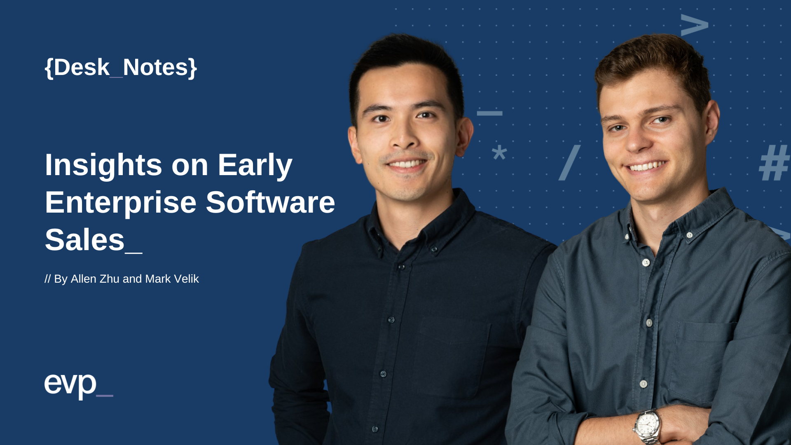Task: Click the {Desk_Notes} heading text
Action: pos(121,67)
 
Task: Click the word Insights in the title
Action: pos(103,165)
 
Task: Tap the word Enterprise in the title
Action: pos(120,202)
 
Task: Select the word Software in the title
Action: pos(270,202)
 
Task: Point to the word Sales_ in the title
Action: pos(93,240)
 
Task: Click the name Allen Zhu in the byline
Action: pos(95,279)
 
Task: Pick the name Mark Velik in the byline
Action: pos(172,279)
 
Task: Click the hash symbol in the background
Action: pos(775,163)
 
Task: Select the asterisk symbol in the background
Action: pos(499,153)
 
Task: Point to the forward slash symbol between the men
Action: pos(570,163)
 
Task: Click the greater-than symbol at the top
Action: pos(694,26)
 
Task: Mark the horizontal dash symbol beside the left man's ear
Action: pos(489,113)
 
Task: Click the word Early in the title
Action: pos(255,165)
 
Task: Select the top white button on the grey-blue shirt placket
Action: pos(646,262)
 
